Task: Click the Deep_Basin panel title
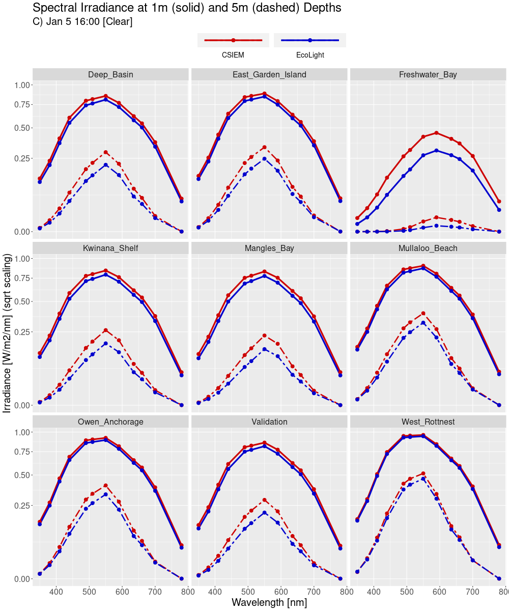pyautogui.click(x=110, y=74)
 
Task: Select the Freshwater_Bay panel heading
pyautogui.click(x=428, y=74)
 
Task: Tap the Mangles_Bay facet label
pyautogui.click(x=269, y=248)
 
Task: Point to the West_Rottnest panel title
pyautogui.click(x=428, y=422)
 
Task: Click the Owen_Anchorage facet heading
pyautogui.click(x=110, y=422)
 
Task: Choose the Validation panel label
pyautogui.click(x=269, y=422)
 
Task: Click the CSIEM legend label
pyautogui.click(x=233, y=55)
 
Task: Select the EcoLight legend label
pyautogui.click(x=309, y=55)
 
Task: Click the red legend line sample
pyautogui.click(x=233, y=40)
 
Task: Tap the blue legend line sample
pyautogui.click(x=309, y=40)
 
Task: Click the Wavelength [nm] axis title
pyautogui.click(x=269, y=602)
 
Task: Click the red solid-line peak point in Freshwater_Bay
pyautogui.click(x=436, y=133)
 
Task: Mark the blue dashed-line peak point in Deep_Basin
pyautogui.click(x=106, y=165)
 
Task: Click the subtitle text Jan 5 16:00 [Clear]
pyautogui.click(x=82, y=22)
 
